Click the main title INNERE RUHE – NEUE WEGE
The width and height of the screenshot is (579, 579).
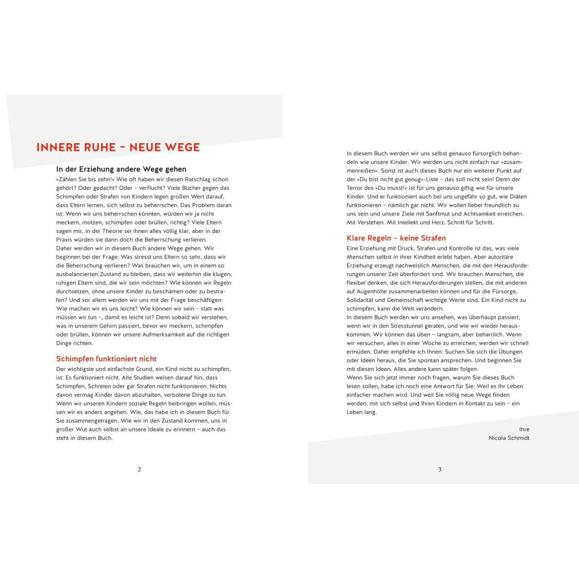(x=118, y=148)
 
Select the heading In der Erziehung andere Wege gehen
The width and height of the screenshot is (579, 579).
(x=121, y=169)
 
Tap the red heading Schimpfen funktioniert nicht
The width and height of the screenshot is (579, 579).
(x=106, y=358)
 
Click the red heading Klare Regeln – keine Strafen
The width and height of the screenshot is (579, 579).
(x=396, y=238)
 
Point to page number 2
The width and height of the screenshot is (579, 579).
(x=140, y=469)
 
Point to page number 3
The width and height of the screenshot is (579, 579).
(x=440, y=469)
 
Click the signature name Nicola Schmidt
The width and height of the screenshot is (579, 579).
(x=509, y=438)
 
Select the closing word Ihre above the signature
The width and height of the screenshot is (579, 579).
(x=524, y=429)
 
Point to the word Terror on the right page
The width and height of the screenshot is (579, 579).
(x=356, y=187)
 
